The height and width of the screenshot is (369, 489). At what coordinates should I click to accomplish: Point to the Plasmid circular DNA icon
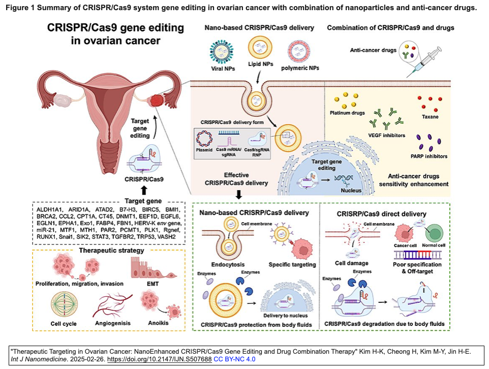click(x=204, y=138)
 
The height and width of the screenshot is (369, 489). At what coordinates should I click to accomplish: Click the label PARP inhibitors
click(x=429, y=156)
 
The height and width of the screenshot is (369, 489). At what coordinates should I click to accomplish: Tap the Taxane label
click(x=430, y=117)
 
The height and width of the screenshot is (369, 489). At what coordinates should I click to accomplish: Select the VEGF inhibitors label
click(x=386, y=135)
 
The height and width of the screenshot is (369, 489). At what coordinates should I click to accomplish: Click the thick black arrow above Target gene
click(x=144, y=191)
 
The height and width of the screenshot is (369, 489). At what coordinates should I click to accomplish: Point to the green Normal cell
click(x=435, y=233)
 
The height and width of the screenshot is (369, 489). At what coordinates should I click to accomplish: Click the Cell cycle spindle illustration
click(x=64, y=304)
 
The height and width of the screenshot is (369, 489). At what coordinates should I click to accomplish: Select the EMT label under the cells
click(x=153, y=284)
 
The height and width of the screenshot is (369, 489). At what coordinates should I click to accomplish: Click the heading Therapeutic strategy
click(x=112, y=251)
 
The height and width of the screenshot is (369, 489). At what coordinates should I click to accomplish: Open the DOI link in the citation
click(x=160, y=359)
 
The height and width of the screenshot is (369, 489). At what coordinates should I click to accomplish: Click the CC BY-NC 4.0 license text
click(x=234, y=359)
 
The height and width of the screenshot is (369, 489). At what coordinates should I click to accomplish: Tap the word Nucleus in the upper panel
click(x=351, y=190)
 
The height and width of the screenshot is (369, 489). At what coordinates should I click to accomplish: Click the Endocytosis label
click(x=228, y=264)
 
